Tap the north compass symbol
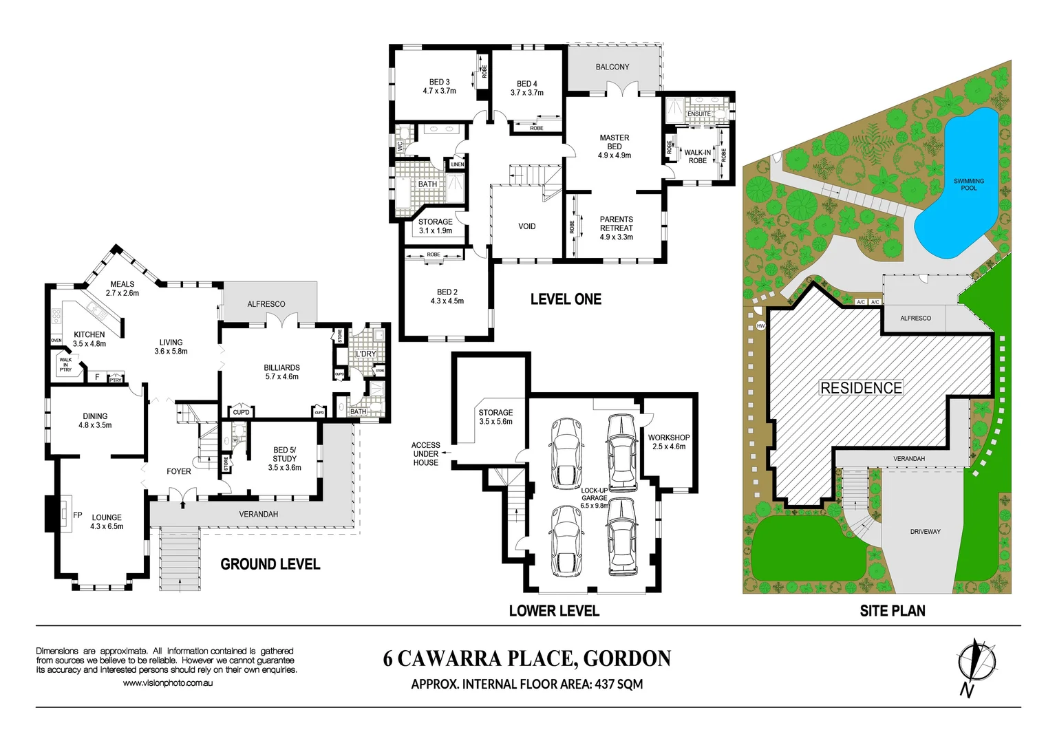[976, 662]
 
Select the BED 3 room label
[439, 86]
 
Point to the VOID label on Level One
[526, 226]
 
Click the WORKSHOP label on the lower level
[668, 442]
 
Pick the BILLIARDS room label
[281, 371]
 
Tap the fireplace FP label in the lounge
[78, 515]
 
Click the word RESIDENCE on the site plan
[861, 388]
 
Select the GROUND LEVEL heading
[270, 564]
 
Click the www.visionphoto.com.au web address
[167, 683]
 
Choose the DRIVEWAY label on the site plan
[925, 532]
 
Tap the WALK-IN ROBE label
[697, 156]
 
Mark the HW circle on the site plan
[760, 326]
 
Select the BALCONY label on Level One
[612, 67]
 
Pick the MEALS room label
[122, 288]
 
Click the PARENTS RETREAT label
[616, 228]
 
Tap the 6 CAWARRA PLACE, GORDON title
[526, 658]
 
